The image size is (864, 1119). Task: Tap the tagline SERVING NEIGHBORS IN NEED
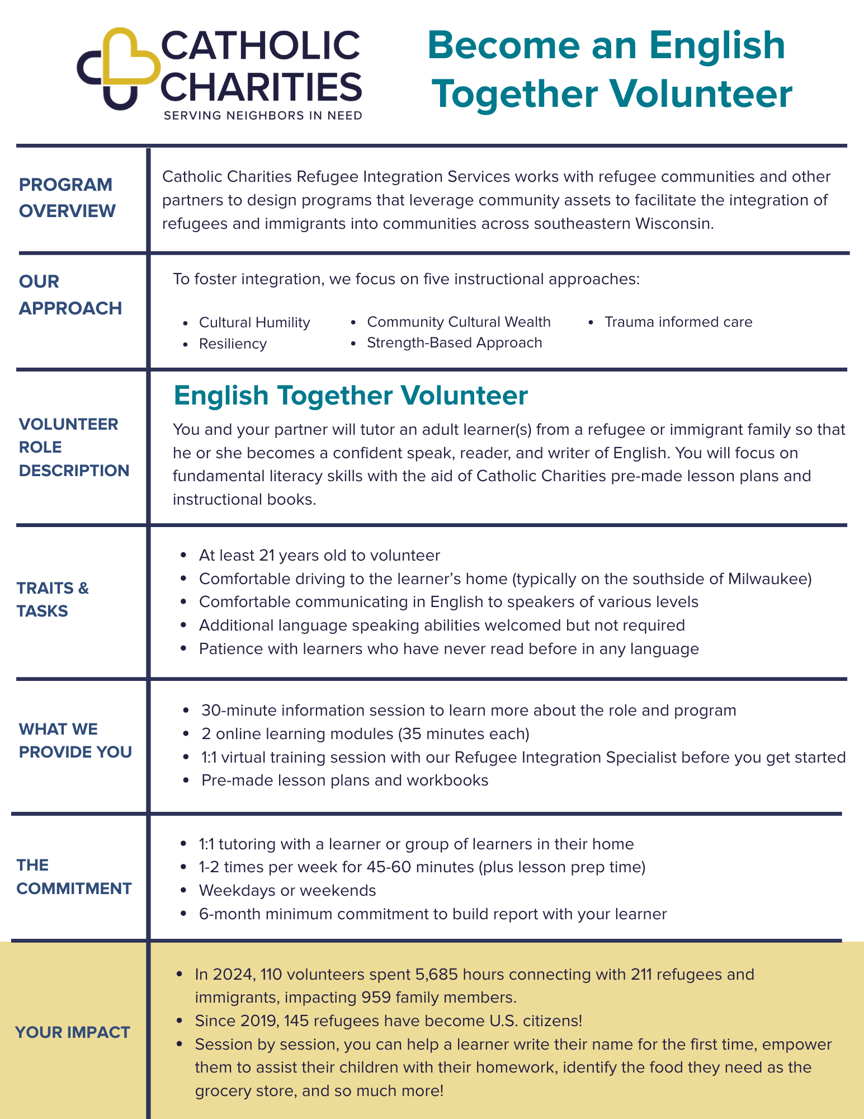[263, 116]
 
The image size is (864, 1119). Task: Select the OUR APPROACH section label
[70, 295]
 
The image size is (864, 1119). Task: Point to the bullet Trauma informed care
[678, 322]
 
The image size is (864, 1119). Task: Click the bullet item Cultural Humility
[254, 323]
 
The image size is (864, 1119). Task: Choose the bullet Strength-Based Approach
[454, 343]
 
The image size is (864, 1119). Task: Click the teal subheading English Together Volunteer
[351, 396]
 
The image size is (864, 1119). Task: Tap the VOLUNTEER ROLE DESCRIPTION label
[74, 447]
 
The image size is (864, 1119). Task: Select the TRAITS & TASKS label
[53, 600]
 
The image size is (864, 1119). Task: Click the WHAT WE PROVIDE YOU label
[75, 740]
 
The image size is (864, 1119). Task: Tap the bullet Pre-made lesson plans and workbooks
[344, 781]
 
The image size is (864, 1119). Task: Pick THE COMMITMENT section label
[74, 877]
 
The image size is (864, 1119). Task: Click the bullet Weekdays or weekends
[287, 890]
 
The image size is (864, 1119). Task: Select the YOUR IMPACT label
[73, 1032]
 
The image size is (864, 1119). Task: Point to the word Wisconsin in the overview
[674, 224]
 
